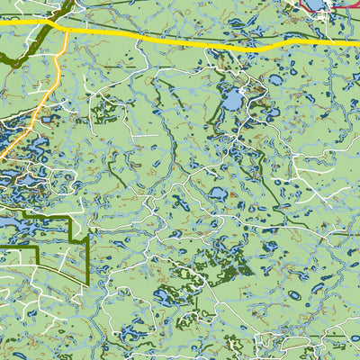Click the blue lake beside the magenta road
[x=317, y=5]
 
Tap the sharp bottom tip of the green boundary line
[x=86, y=284]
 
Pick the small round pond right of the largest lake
[x=275, y=80]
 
